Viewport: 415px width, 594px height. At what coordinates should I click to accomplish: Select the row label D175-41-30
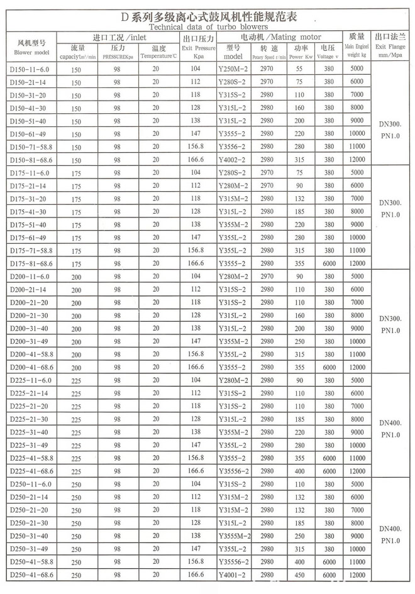28,212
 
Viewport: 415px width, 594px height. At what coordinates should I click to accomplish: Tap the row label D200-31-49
28,342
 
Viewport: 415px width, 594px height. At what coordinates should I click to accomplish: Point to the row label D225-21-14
28,393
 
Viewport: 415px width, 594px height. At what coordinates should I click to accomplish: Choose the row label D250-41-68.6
31,575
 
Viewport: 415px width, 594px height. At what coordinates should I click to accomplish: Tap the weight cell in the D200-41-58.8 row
357,355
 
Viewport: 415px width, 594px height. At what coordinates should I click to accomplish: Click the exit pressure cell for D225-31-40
197,432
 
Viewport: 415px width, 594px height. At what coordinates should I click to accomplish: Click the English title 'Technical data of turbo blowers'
207,27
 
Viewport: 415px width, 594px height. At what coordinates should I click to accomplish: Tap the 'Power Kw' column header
301,57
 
